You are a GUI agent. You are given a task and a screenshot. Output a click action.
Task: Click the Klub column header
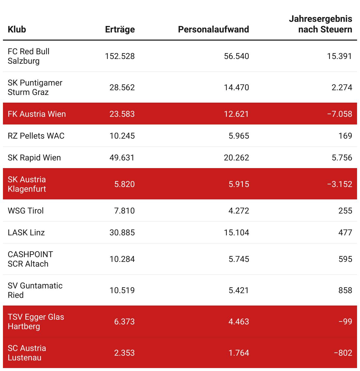(17, 29)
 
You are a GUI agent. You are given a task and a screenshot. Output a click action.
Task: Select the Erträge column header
(120, 29)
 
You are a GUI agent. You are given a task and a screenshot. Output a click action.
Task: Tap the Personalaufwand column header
(213, 29)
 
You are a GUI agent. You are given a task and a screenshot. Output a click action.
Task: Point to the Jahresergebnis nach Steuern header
(320, 24)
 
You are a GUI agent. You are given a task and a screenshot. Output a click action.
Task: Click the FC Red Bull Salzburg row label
(28, 56)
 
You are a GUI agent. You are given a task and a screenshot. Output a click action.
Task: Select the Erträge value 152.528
(120, 56)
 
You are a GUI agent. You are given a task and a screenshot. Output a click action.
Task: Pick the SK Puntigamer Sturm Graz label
(35, 87)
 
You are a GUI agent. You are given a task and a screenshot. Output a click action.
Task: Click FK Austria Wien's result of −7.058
(339, 114)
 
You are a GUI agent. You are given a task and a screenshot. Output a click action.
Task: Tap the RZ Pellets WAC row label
(36, 136)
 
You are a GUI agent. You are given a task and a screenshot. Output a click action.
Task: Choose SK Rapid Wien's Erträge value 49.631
(122, 158)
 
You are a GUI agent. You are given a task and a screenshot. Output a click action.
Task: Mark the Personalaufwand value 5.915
(239, 184)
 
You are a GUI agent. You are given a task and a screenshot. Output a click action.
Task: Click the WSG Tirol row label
(26, 211)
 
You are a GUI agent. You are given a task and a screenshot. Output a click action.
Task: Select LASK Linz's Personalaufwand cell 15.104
(236, 233)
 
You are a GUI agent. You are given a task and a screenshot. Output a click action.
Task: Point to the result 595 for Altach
(345, 259)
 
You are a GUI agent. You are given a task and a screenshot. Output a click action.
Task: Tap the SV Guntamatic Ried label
(35, 290)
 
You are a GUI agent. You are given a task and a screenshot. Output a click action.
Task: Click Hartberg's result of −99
(345, 322)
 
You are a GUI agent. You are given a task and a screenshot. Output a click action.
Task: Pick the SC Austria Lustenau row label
(27, 353)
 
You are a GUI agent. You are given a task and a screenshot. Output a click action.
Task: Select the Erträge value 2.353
(124, 353)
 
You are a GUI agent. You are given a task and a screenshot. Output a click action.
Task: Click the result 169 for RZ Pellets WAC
(345, 136)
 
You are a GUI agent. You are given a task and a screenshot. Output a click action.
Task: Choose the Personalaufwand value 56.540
(236, 56)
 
